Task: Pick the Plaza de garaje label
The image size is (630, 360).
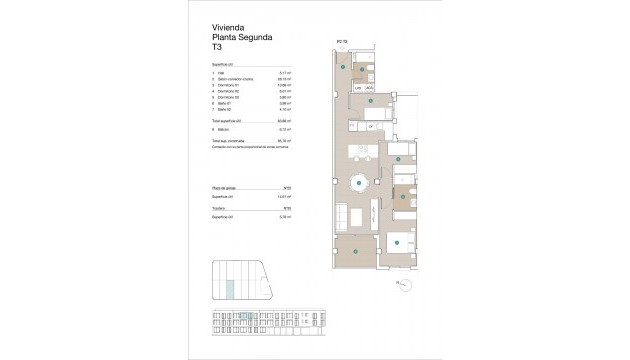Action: tap(225, 187)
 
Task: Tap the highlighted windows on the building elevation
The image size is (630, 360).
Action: tap(323, 321)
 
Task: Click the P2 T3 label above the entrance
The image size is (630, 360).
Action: tap(342, 43)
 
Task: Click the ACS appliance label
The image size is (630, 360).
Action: tap(369, 88)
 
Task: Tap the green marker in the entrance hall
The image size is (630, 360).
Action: tap(343, 66)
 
